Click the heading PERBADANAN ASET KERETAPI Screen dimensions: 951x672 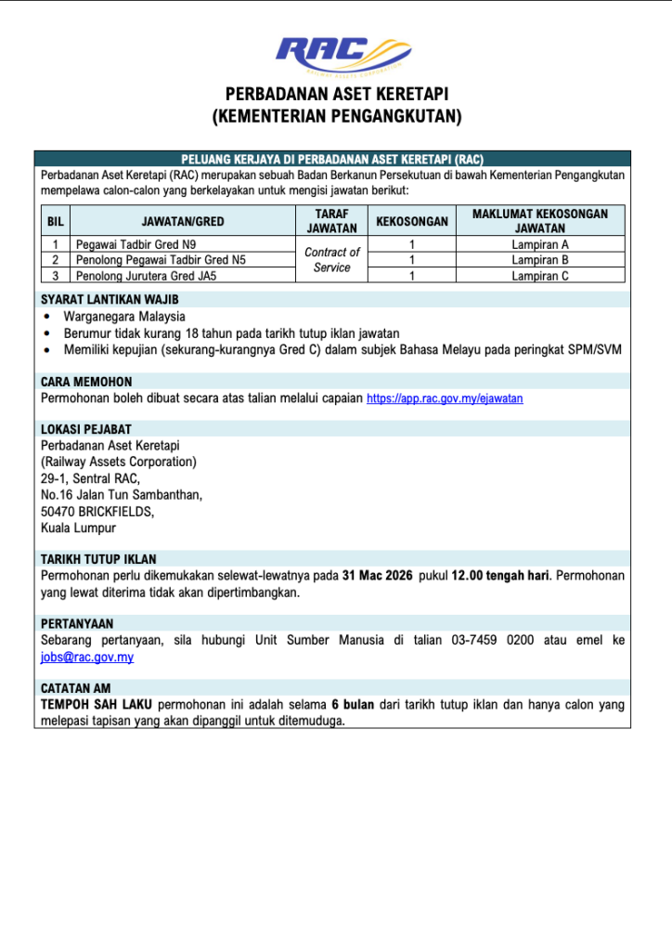coord(336,95)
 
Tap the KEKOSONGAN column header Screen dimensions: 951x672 coord(411,221)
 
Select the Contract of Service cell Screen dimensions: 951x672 coord(331,260)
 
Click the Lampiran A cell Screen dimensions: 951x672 coord(539,245)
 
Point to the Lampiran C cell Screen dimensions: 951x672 coord(539,275)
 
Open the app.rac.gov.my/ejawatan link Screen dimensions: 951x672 coord(445,398)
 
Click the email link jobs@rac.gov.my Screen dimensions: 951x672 coord(87,657)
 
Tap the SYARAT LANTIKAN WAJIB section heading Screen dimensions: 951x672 coord(110,300)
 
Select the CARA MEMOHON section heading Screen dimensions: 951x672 coord(86,382)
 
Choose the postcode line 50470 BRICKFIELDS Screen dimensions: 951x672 coord(97,512)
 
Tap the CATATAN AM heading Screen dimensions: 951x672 coord(76,688)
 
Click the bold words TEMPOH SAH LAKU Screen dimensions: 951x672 coord(97,705)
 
